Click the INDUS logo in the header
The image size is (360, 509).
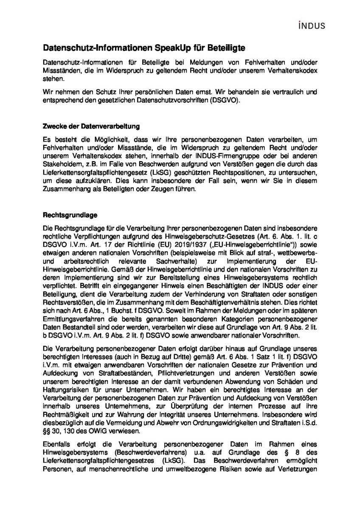pyautogui.click(x=312, y=26)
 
